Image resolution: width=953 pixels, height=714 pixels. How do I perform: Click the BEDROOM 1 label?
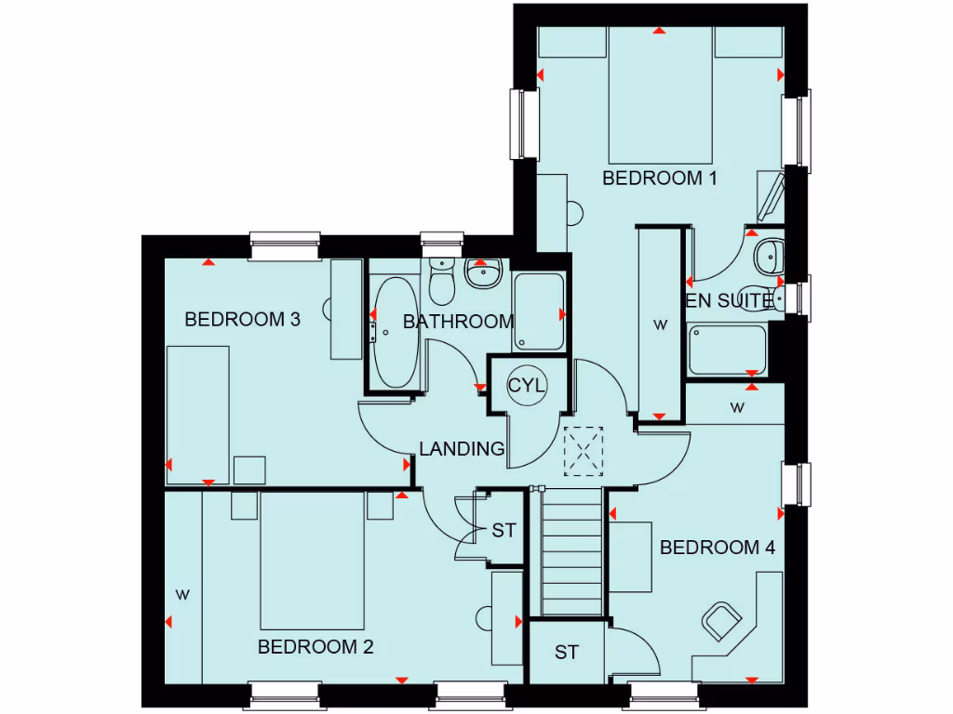(659, 178)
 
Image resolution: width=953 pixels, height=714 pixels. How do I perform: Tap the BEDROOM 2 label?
(315, 647)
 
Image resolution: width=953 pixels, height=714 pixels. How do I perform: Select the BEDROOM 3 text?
(242, 320)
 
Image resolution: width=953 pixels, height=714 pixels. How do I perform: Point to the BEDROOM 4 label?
(717, 548)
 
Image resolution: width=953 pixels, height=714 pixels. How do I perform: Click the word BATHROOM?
(458, 322)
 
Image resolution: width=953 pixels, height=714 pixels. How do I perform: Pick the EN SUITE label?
(729, 300)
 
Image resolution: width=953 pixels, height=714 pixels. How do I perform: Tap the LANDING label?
(462, 449)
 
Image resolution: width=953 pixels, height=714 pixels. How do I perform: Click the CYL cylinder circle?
(528, 385)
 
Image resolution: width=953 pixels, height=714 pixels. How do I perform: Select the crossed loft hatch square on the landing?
(584, 451)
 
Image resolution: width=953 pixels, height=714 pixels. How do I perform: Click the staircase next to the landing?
(570, 552)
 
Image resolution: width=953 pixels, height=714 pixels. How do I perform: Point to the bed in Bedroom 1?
(661, 97)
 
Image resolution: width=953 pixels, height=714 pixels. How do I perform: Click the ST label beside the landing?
(503, 531)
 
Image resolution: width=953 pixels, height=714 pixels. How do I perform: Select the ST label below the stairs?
(566, 653)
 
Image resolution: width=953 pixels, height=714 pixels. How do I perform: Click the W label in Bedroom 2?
(182, 594)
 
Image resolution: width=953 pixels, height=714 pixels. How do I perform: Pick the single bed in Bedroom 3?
(198, 414)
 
